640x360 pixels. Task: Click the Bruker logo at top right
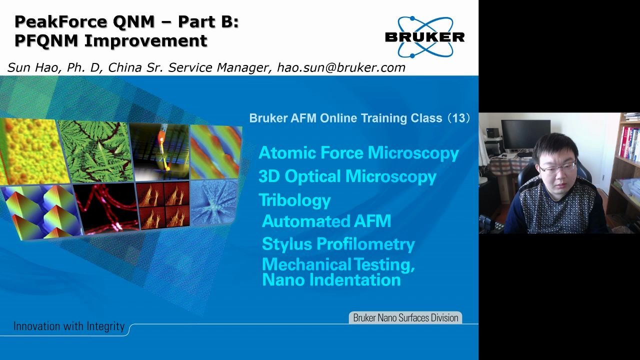tap(424, 37)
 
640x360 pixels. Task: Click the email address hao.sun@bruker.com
tap(341, 67)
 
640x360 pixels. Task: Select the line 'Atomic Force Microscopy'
tap(358, 153)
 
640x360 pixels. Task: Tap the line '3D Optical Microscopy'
tap(347, 176)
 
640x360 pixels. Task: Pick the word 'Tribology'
tap(294, 200)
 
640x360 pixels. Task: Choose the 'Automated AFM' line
tap(326, 221)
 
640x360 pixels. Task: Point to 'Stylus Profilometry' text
tap(338, 244)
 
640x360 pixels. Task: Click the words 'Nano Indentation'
tap(331, 280)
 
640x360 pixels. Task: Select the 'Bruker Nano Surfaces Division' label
tap(405, 317)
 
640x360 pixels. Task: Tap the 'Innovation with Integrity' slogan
tap(69, 326)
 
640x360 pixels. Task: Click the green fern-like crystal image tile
tap(96, 150)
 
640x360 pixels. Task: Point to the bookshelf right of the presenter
tap(626, 165)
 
